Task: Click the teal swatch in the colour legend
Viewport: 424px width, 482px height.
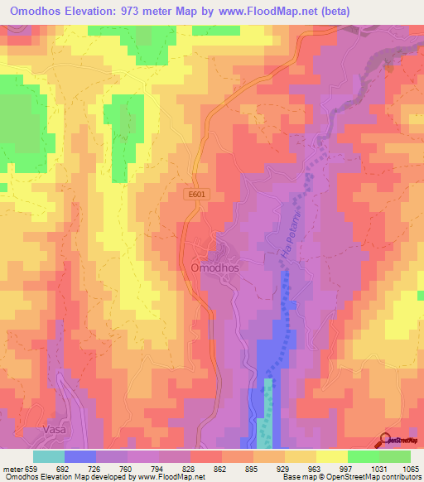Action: pos(49,455)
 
